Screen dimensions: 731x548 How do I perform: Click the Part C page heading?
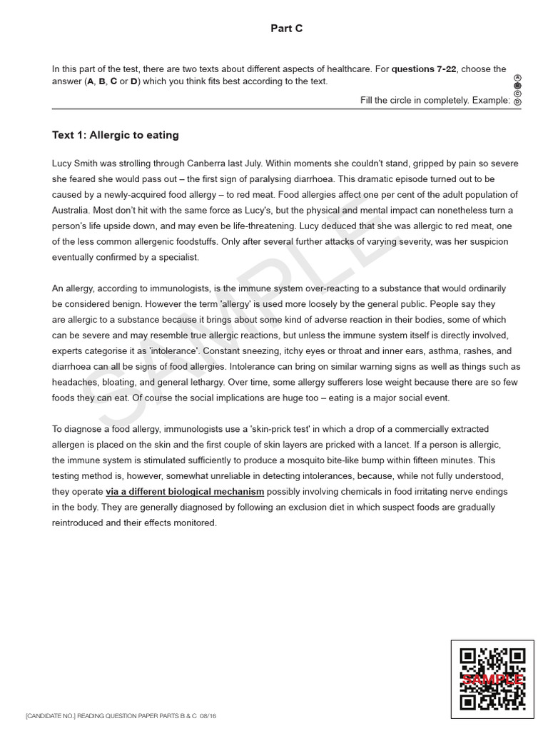(286, 28)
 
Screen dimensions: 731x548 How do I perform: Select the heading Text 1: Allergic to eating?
(116, 135)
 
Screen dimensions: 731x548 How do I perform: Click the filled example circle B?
(517, 85)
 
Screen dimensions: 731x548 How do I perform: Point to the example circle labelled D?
(517, 102)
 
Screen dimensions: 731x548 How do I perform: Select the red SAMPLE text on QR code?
(493, 680)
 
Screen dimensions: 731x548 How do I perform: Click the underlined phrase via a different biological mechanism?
(185, 491)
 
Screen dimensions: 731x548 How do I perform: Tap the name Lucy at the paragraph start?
(64, 163)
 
